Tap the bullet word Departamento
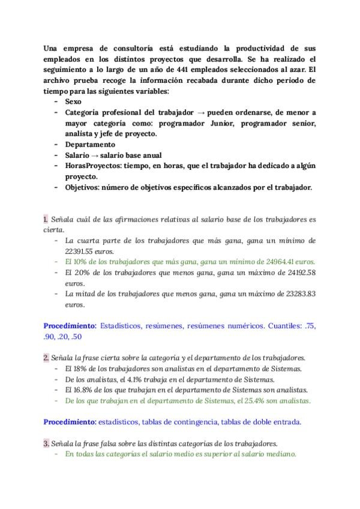[x=89, y=145]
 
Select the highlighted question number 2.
[x=46, y=358]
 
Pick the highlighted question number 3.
[x=46, y=443]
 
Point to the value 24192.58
[x=299, y=273]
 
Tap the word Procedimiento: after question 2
[x=70, y=422]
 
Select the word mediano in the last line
[x=280, y=454]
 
